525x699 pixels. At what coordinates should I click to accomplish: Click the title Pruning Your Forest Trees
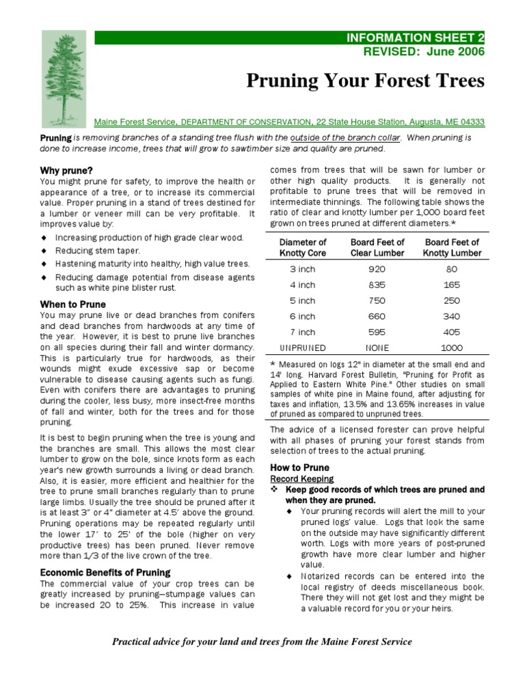[x=365, y=81]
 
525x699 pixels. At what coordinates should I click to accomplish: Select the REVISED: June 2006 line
[x=422, y=51]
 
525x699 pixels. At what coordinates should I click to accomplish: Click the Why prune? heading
[x=66, y=170]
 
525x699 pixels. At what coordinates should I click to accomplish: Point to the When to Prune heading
[x=72, y=304]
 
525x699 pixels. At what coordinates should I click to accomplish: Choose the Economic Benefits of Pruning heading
[x=105, y=572]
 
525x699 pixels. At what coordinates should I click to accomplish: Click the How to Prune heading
[x=299, y=468]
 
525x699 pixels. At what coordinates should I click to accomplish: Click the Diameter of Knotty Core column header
[x=304, y=248]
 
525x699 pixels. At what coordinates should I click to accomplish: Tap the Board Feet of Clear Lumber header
[x=377, y=248]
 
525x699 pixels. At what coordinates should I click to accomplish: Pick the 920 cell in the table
[x=377, y=270]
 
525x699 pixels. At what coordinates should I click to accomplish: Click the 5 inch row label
[x=303, y=301]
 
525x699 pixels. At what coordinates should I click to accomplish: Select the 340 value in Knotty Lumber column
[x=452, y=317]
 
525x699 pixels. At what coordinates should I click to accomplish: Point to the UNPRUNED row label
[x=303, y=348]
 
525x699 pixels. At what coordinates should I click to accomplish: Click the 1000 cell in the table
[x=452, y=348]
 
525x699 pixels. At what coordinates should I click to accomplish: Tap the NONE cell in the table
[x=377, y=348]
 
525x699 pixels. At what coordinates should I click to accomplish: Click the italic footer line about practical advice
[x=262, y=642]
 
